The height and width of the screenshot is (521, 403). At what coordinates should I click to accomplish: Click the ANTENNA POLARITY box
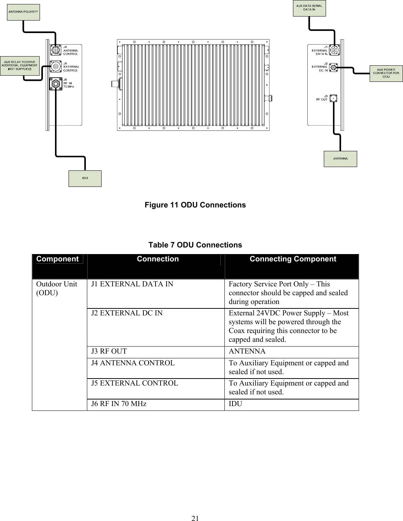(23, 12)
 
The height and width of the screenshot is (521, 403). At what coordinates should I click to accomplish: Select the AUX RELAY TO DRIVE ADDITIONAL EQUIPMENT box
(20, 66)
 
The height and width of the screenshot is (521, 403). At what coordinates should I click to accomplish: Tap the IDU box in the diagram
(85, 178)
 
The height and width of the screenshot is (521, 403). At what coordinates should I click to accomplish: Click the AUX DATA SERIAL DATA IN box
(309, 8)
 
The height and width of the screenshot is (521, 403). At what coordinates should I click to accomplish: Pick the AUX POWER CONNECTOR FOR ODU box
(386, 73)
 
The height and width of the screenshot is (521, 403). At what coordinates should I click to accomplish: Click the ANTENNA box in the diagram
(340, 159)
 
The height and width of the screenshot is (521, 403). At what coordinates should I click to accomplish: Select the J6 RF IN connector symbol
(55, 84)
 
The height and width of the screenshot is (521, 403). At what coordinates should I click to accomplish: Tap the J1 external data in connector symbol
(334, 50)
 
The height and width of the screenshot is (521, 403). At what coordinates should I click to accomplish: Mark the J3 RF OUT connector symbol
(334, 98)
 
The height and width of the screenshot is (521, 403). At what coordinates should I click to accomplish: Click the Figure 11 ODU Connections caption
(195, 205)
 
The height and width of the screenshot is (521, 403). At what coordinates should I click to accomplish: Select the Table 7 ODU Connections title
(195, 245)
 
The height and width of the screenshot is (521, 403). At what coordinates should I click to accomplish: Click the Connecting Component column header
(293, 259)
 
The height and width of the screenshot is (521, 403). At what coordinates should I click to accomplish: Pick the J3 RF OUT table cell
(109, 351)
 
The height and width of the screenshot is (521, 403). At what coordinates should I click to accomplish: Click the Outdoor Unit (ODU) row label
(56, 289)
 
